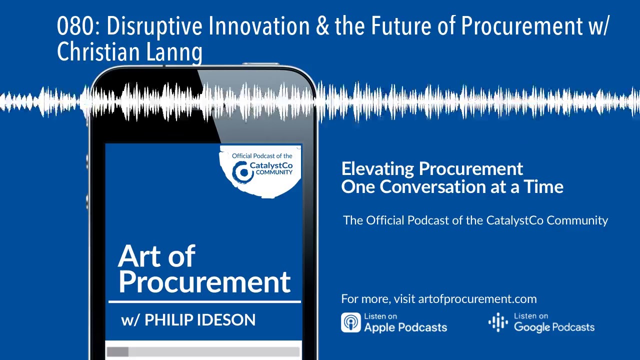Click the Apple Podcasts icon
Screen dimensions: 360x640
pyautogui.click(x=350, y=322)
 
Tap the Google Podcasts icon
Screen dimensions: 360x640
pyautogui.click(x=498, y=322)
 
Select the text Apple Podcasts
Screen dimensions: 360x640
pyautogui.click(x=405, y=327)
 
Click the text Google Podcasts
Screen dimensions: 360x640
pyautogui.click(x=554, y=327)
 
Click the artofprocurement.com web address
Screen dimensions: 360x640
pyautogui.click(x=477, y=299)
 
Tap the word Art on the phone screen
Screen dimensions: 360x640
pyautogui.click(x=139, y=256)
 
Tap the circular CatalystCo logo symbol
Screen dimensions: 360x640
pyautogui.click(x=243, y=172)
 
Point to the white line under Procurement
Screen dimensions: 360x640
pyautogui.click(x=204, y=301)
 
